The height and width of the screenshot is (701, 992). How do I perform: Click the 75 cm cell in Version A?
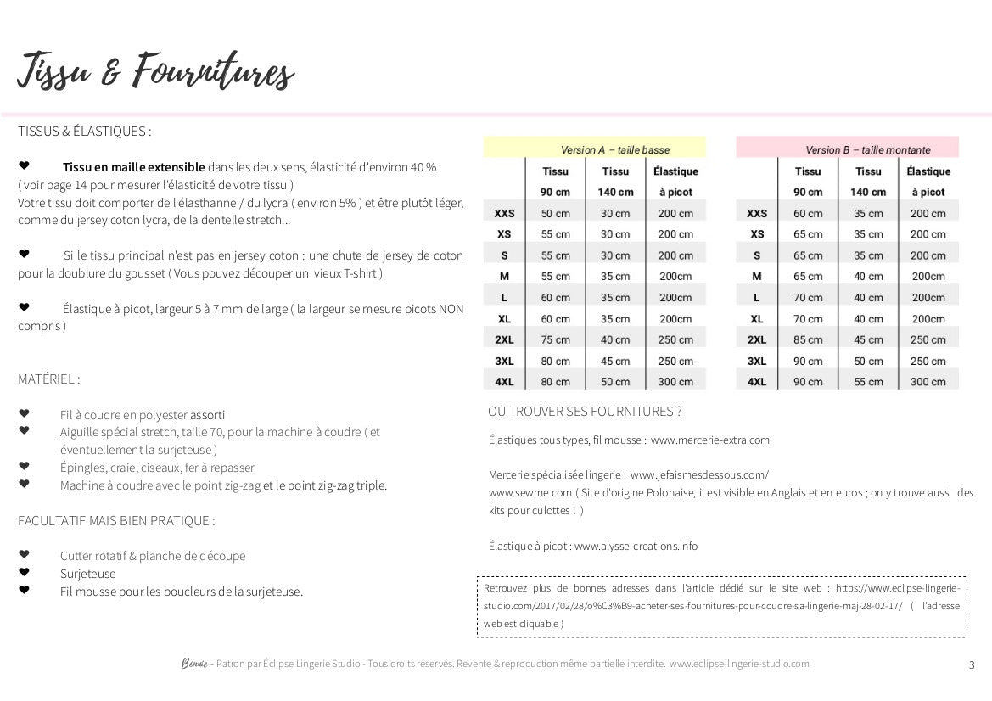[x=555, y=339]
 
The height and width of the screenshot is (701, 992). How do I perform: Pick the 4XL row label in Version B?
[x=756, y=382]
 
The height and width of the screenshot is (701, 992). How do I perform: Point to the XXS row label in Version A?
[x=504, y=213]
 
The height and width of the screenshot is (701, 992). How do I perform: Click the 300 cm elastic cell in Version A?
[x=675, y=382]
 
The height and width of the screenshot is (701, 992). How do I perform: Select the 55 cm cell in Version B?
[x=868, y=382]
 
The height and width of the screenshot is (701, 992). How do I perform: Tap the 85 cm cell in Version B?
[x=807, y=339]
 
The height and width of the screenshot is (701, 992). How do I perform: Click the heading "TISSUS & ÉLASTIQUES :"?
[x=85, y=132]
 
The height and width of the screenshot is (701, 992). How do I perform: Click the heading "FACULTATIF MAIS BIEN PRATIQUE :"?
[x=116, y=520]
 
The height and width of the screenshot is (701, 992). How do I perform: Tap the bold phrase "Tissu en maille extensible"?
[x=133, y=167]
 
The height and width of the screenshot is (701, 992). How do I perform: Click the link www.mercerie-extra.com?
[x=709, y=440]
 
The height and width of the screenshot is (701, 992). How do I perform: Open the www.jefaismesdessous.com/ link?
[x=699, y=474]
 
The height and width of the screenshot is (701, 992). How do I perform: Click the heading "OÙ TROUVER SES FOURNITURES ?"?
[x=585, y=412]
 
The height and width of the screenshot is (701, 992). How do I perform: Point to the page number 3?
[x=972, y=665]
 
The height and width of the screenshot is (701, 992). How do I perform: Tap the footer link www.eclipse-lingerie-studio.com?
[x=738, y=664]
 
